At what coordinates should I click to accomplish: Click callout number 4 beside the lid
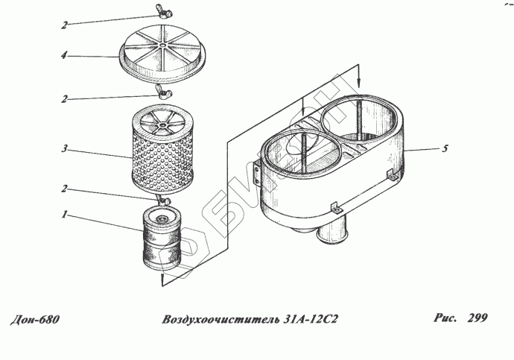[66, 55]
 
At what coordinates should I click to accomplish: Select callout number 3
[66, 149]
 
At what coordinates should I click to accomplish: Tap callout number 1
[66, 215]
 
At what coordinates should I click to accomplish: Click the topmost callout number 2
[66, 25]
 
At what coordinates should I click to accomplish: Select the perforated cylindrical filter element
[160, 153]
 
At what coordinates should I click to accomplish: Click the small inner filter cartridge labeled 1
[160, 239]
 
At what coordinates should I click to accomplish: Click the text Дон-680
[35, 320]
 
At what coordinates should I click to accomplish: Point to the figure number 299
[477, 318]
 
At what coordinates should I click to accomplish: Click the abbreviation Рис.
[445, 318]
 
